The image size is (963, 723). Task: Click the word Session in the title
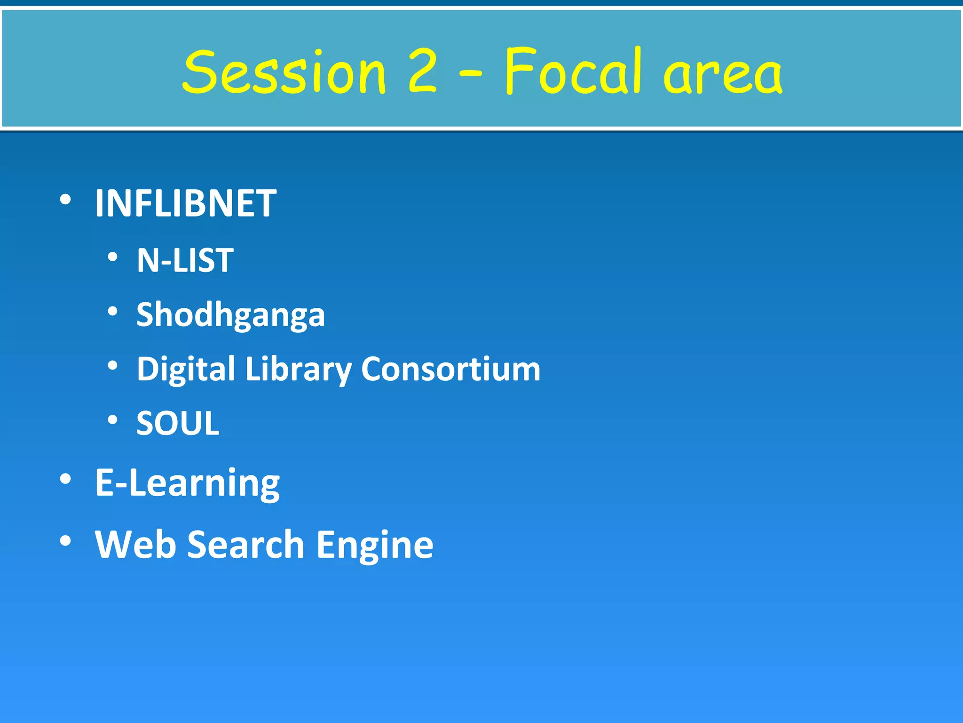pos(284,72)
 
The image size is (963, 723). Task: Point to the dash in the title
pos(470,73)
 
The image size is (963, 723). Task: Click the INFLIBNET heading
pos(186,203)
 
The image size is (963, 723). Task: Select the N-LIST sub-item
pos(185,260)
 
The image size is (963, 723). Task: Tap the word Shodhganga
pos(230,314)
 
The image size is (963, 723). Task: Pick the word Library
pos(298,369)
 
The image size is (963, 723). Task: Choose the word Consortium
pos(450,369)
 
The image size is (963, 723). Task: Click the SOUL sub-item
pos(178,423)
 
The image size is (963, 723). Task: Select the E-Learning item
pos(187,483)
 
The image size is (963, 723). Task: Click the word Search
pos(246,544)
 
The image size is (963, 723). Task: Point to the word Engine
pos(374,545)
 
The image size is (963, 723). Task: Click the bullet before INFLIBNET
pos(65,200)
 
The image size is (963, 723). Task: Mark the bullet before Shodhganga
pos(112,311)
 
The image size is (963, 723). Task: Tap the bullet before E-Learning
pos(65,479)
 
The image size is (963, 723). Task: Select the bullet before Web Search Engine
pos(65,541)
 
